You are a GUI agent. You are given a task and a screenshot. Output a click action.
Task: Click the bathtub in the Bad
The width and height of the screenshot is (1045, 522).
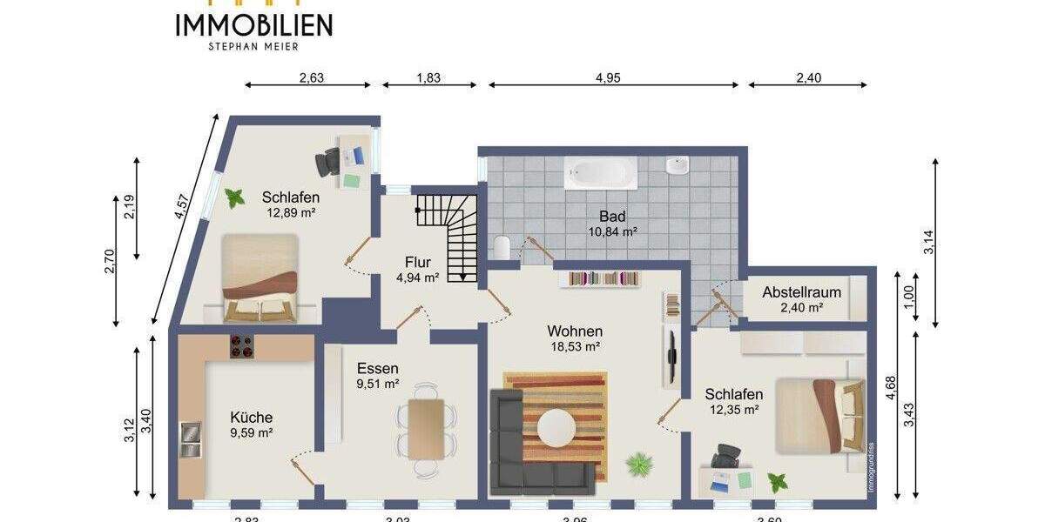[601, 173]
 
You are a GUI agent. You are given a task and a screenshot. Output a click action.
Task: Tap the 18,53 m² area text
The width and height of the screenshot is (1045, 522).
[575, 346]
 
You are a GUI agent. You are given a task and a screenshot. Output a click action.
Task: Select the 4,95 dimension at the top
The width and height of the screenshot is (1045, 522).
[608, 77]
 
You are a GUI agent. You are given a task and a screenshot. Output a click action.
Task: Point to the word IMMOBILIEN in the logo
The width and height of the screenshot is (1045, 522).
[253, 25]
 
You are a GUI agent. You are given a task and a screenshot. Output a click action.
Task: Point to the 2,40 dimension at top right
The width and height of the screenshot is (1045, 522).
[807, 77]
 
